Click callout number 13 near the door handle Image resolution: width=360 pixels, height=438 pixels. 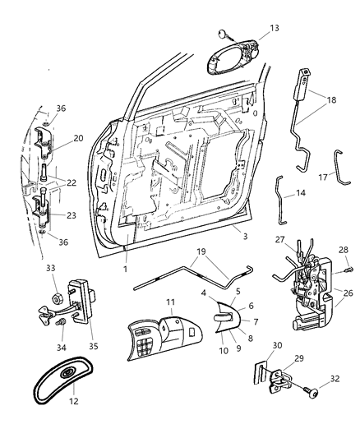click(275, 28)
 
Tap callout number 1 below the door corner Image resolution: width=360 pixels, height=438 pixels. click(124, 267)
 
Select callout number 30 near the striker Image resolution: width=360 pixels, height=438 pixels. click(277, 345)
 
